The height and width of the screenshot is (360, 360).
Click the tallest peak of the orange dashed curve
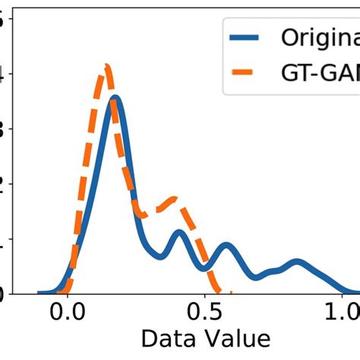pos(108,68)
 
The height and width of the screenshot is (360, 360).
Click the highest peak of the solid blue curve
pos(115,99)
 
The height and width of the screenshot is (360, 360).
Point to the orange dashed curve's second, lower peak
pos(175,200)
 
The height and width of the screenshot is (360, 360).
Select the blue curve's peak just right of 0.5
pos(226,246)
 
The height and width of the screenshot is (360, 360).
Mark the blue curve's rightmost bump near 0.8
pos(296,263)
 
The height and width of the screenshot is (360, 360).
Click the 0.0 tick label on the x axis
pos(66,312)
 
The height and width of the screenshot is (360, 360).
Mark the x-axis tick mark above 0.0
pos(66,296)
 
